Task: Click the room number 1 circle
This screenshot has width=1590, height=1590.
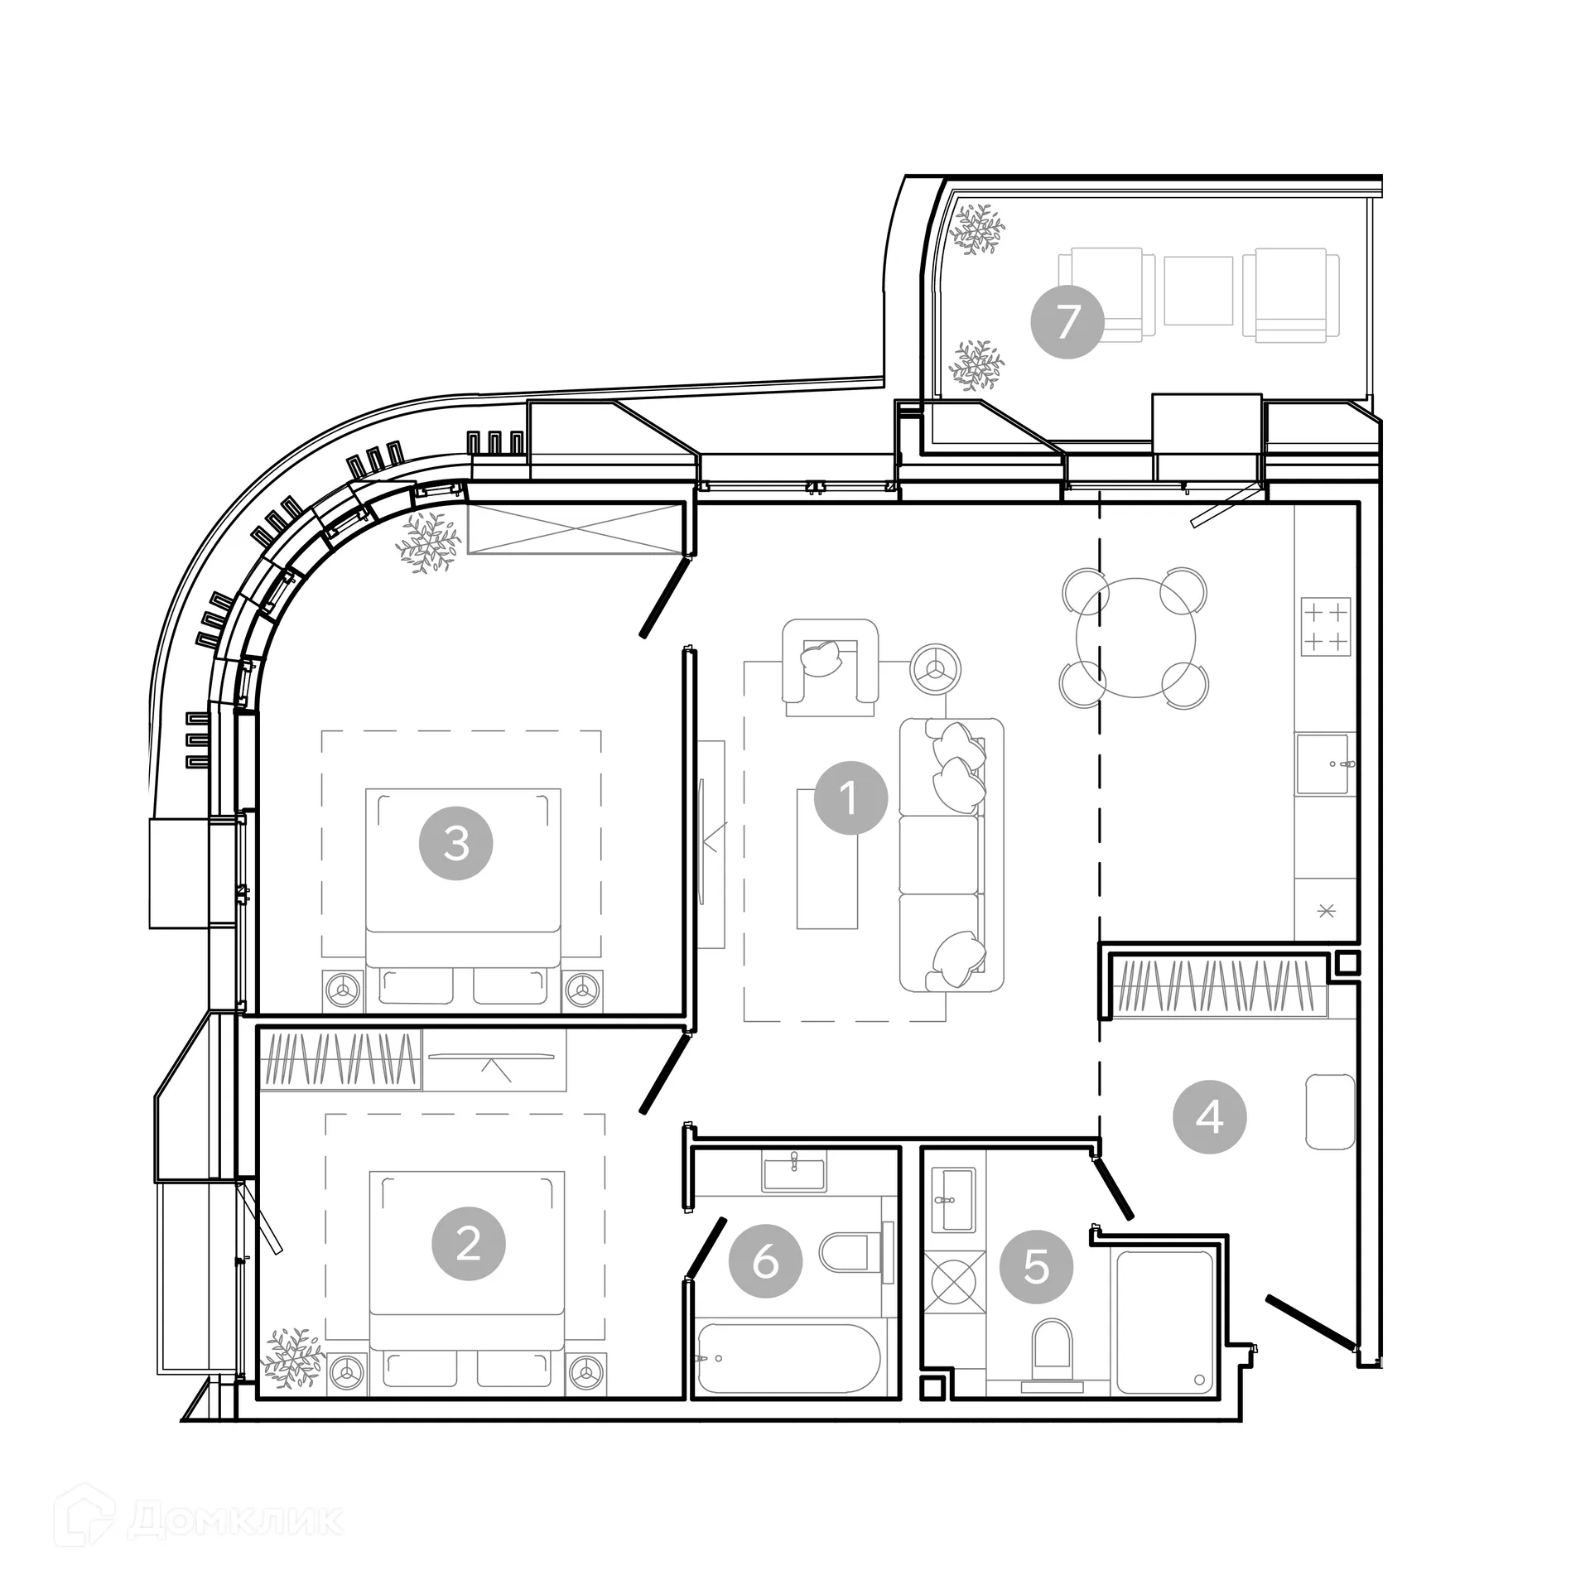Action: (x=850, y=798)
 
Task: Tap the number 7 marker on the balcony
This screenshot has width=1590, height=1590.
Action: (x=1067, y=321)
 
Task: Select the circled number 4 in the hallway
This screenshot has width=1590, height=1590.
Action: (x=1209, y=1118)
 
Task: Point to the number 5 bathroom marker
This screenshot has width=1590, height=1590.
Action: (x=1036, y=1266)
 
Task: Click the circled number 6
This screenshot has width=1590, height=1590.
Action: (x=765, y=1262)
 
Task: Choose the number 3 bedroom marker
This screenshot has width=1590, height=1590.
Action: (x=456, y=843)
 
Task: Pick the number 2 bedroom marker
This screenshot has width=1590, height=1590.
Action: (x=468, y=1244)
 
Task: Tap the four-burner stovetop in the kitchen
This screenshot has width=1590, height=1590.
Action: (x=1325, y=627)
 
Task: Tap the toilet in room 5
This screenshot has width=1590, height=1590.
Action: (x=1053, y=1345)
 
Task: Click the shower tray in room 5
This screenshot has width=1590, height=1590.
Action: (x=1164, y=1323)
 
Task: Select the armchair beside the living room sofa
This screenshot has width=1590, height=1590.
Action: (x=830, y=667)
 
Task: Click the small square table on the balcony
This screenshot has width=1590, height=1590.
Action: (x=1197, y=290)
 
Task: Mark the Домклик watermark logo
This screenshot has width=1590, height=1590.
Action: (x=199, y=1520)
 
